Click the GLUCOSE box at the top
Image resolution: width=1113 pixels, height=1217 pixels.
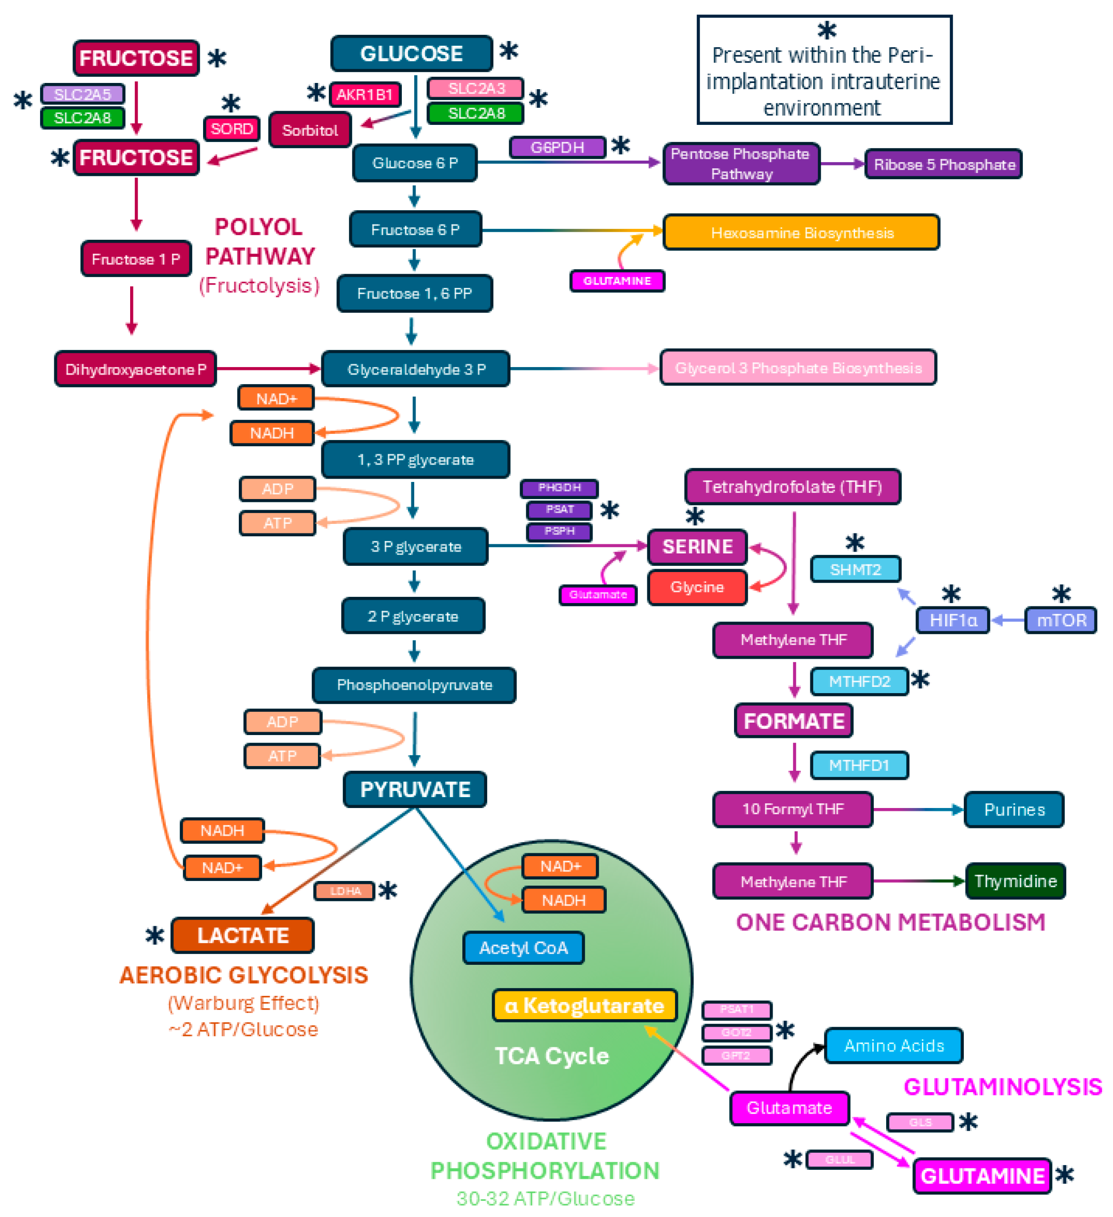412,54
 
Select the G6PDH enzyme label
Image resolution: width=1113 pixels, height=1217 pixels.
557,147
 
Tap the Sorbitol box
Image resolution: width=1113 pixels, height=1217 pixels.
310,130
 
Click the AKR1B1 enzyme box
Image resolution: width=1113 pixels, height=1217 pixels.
365,94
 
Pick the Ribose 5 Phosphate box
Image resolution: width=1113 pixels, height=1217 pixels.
943,164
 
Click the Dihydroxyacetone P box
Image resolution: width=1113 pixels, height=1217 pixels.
135,369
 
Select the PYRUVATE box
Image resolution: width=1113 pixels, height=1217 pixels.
415,789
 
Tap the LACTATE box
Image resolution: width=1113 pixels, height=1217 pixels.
243,935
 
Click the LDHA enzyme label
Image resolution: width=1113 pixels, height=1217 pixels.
345,890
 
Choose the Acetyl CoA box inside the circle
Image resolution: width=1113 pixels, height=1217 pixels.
523,948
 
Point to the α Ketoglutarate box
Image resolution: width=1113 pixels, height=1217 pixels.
584,1005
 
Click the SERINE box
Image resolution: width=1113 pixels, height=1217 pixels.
697,547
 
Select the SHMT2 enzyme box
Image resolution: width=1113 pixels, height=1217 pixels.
855,569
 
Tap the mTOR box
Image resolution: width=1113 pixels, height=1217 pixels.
1061,620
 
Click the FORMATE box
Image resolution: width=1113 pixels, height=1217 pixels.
793,721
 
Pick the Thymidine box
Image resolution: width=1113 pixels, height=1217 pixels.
1015,881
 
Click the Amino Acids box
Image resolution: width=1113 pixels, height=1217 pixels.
893,1045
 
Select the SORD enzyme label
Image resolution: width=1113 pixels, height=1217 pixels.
232,129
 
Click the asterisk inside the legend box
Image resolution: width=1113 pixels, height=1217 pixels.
827,30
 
